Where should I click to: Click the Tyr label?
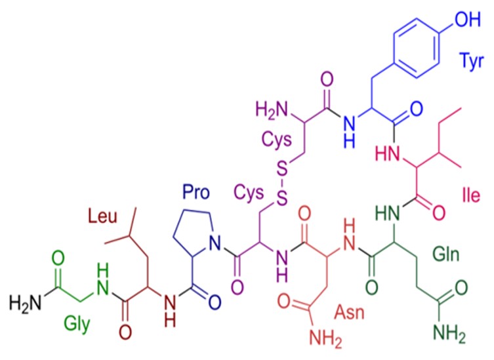(471, 61)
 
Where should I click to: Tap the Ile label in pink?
(471, 195)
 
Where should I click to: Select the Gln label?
(446, 254)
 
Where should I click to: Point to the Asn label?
(349, 312)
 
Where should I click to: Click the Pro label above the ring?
(196, 192)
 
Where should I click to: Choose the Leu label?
(102, 217)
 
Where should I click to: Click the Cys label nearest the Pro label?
(249, 193)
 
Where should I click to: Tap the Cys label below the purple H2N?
(277, 140)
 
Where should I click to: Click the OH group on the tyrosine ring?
(468, 19)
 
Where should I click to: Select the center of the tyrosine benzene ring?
(416, 48)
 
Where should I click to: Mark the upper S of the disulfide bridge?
(282, 169)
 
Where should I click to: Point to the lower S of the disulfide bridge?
(282, 199)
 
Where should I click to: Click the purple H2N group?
(272, 110)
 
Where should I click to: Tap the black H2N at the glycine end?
(25, 302)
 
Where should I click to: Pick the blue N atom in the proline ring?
(215, 243)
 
